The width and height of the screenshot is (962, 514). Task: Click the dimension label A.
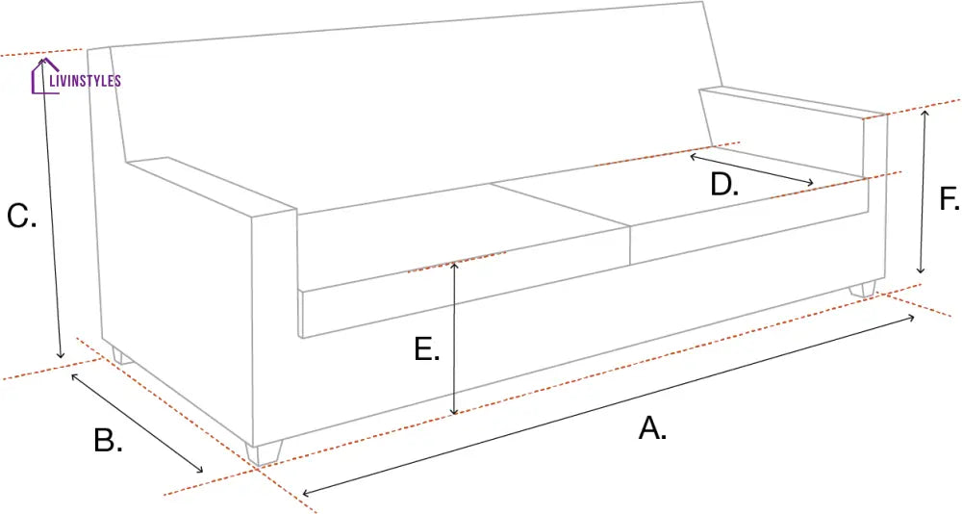pyautogui.click(x=652, y=427)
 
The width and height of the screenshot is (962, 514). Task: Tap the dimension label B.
pyautogui.click(x=108, y=440)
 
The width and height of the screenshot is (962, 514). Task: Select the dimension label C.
pyautogui.click(x=21, y=216)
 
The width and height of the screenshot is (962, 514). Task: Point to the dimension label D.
pyautogui.click(x=724, y=184)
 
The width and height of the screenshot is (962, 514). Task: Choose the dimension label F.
pyautogui.click(x=949, y=199)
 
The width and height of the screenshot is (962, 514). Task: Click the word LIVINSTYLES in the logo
pyautogui.click(x=85, y=81)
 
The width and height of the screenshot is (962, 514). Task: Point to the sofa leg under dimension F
pyautogui.click(x=864, y=289)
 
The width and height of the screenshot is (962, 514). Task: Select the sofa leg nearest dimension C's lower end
pyautogui.click(x=121, y=357)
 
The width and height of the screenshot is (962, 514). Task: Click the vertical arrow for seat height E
pyautogui.click(x=454, y=338)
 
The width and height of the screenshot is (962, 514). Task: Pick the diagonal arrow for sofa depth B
pyautogui.click(x=137, y=423)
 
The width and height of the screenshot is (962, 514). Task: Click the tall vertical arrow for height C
pyautogui.click(x=52, y=208)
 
